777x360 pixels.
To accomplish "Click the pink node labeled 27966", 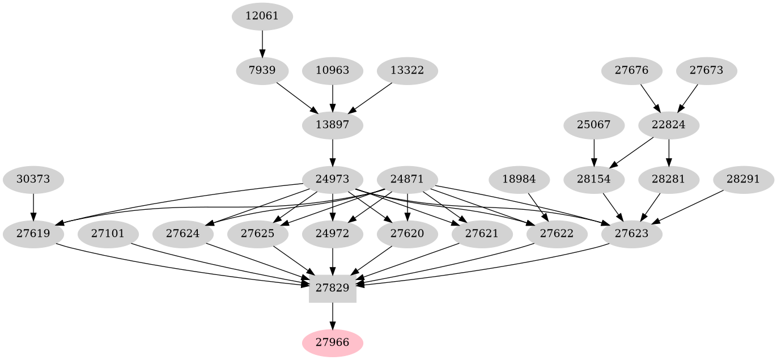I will (333, 342).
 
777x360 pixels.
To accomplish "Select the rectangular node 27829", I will (333, 288).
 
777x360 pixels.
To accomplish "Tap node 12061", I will (262, 16).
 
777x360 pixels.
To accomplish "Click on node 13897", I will (333, 125).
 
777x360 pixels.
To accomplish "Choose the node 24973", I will (333, 180).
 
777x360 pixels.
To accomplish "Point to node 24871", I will (408, 180).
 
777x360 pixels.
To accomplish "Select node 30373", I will (33, 180).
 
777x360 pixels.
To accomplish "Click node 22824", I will (669, 125).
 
